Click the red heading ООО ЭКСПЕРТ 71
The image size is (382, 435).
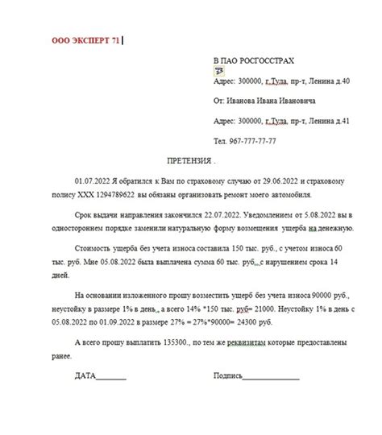click(x=85, y=38)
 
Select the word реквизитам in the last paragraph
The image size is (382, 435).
click(x=249, y=342)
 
